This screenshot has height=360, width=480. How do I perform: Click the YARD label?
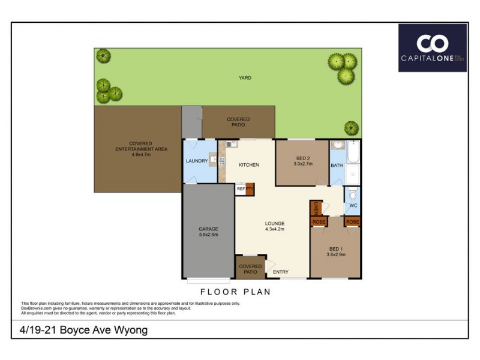point(245,78)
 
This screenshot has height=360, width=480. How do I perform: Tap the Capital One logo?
point(432,48)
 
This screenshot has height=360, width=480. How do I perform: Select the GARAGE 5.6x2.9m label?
point(208,232)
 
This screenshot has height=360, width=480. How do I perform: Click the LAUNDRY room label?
point(196,161)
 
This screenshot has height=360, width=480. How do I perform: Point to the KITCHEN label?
point(248,164)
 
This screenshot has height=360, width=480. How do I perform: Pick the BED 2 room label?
point(303,160)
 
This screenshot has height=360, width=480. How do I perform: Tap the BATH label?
point(336,165)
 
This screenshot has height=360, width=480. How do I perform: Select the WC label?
point(353,206)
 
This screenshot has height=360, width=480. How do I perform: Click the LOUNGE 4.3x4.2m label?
point(274,226)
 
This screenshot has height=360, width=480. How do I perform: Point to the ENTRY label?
point(281,272)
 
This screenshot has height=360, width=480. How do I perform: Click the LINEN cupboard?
point(314,208)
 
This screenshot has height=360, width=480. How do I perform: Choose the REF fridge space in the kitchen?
point(241,189)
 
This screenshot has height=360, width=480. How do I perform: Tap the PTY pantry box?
point(250,189)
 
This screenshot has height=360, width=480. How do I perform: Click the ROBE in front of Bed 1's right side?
point(352,221)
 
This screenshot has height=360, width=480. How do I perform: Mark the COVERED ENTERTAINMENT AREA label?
point(140,149)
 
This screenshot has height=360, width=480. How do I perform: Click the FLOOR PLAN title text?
point(235,292)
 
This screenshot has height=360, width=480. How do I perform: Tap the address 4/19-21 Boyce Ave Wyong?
point(80,330)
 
